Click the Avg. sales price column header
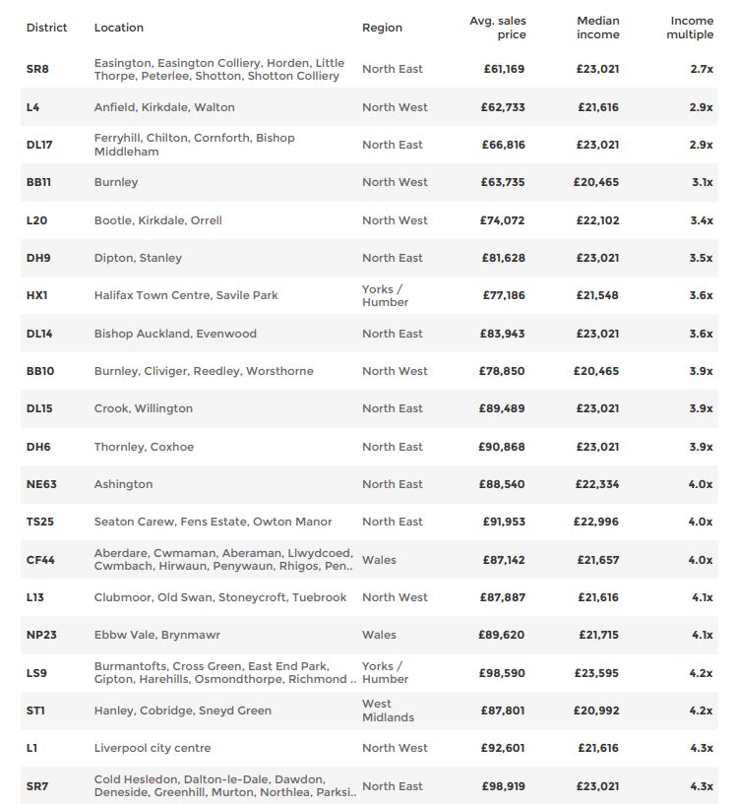click(498, 28)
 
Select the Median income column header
click(597, 28)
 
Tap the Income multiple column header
click(691, 28)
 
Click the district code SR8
click(37, 69)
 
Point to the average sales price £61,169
click(503, 69)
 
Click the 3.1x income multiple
click(702, 182)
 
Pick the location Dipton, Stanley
click(138, 258)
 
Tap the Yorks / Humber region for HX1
click(385, 295)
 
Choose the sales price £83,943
click(503, 334)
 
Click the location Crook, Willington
click(144, 408)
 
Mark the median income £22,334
click(597, 484)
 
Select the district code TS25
click(40, 522)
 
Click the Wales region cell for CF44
click(379, 560)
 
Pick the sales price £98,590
click(503, 673)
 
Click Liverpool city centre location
click(153, 748)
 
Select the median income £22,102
click(597, 220)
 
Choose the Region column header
click(382, 28)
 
